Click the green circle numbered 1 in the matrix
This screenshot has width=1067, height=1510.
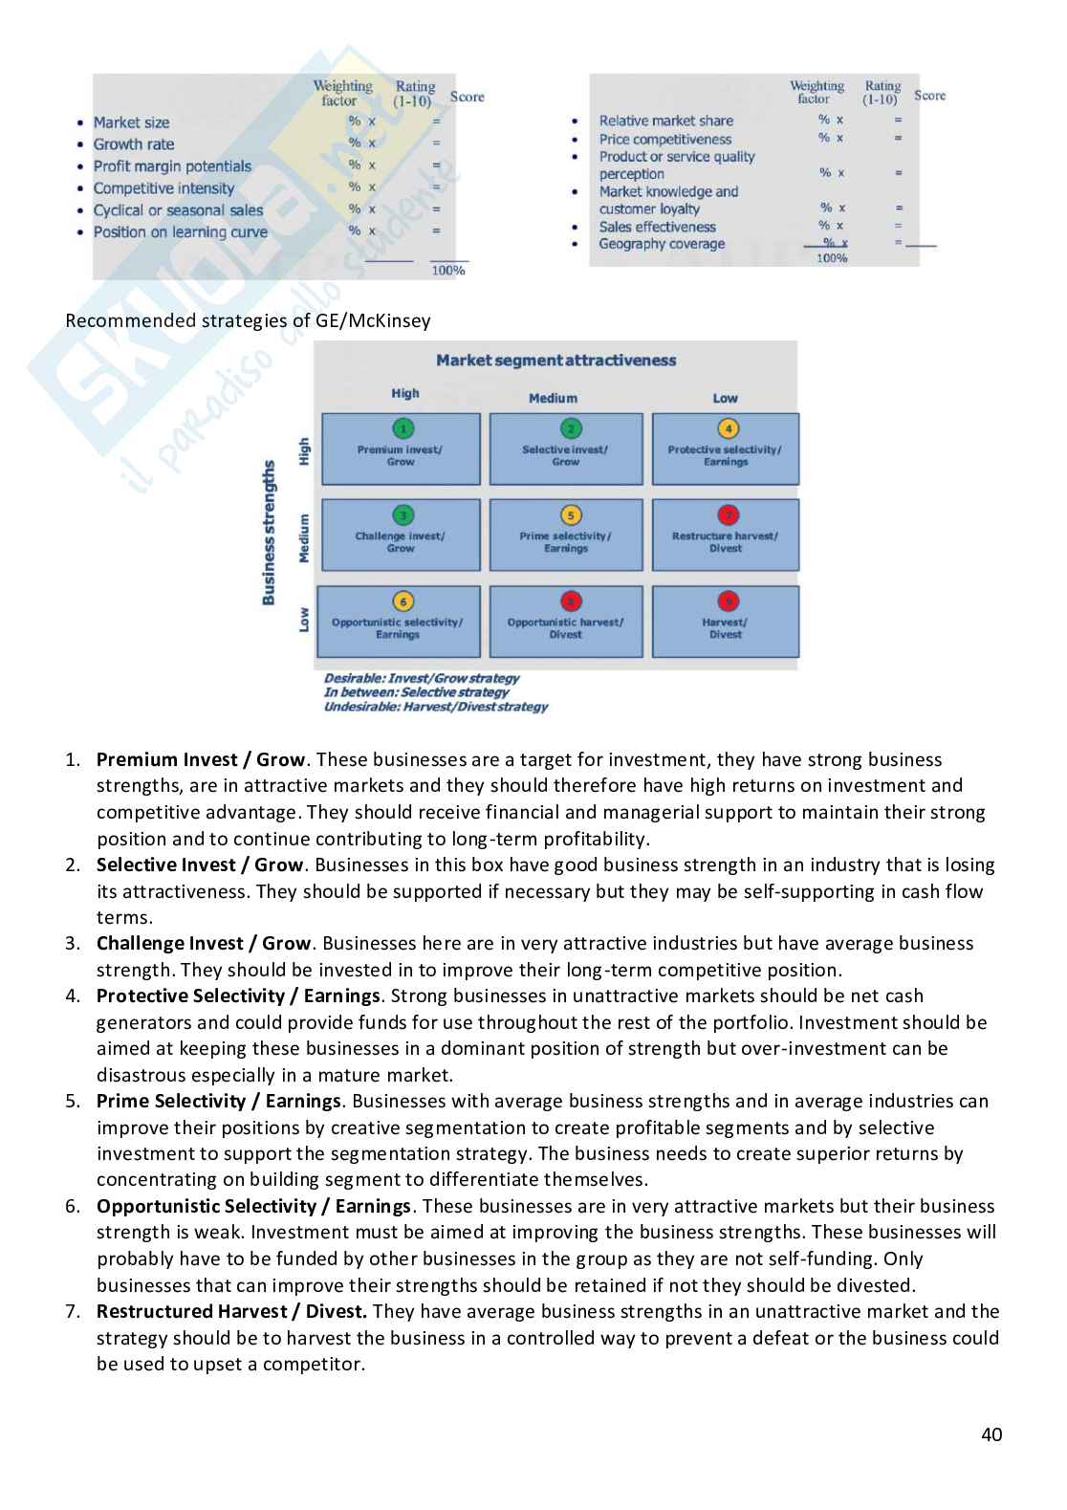click(403, 429)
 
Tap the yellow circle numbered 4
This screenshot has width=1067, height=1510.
click(728, 429)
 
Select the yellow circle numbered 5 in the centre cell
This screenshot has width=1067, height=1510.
click(571, 515)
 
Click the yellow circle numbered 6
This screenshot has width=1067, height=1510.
click(403, 602)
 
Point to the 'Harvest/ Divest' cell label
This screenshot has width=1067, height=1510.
click(725, 628)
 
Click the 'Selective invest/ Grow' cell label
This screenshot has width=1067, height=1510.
click(565, 455)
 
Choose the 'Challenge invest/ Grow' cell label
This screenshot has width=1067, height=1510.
click(400, 542)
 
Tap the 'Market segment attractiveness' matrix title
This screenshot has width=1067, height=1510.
click(555, 361)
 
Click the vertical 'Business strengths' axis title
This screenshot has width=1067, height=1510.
click(269, 532)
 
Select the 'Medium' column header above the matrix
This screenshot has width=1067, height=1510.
click(553, 398)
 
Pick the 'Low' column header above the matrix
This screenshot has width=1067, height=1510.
click(725, 398)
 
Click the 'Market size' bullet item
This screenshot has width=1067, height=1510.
click(131, 122)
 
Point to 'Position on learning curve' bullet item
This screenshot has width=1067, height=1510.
click(180, 232)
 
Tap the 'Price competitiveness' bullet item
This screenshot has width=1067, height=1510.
click(664, 139)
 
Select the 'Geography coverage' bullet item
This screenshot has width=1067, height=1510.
click(662, 244)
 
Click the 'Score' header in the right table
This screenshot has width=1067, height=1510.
click(929, 96)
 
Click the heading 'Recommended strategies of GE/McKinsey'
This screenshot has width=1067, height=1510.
click(248, 320)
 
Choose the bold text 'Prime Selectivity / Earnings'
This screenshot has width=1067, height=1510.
click(218, 1101)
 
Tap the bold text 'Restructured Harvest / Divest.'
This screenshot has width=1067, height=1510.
click(231, 1311)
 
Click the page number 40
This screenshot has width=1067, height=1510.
click(991, 1434)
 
